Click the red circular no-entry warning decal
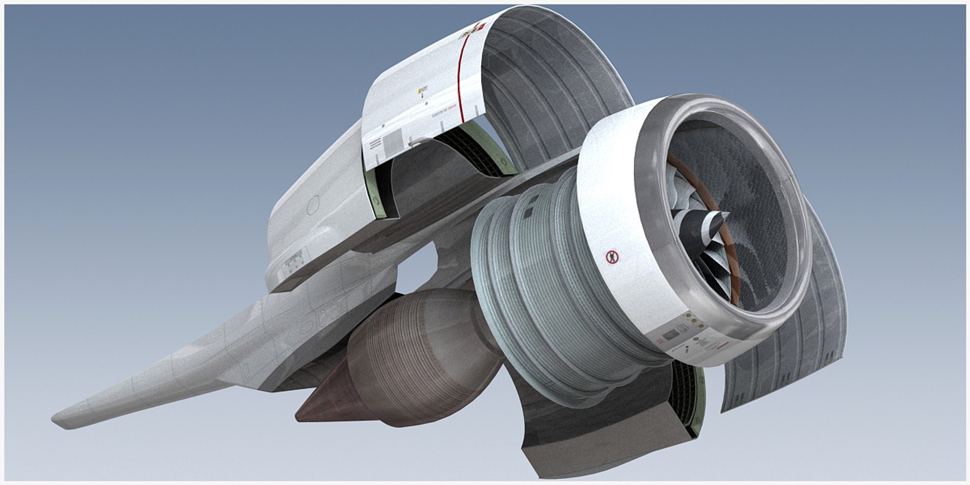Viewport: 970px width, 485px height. (x=612, y=257)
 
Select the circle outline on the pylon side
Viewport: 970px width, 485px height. (x=314, y=204)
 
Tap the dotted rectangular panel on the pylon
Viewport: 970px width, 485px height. (x=292, y=265)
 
